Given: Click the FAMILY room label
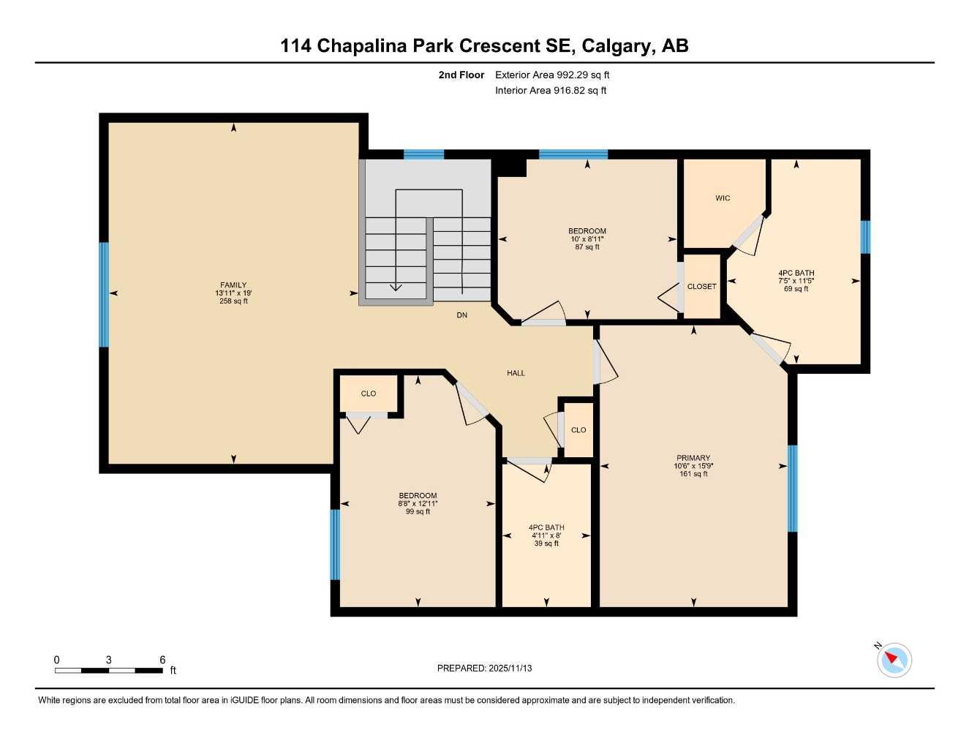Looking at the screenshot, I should pyautogui.click(x=233, y=285).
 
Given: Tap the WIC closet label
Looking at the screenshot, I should pyautogui.click(x=723, y=198).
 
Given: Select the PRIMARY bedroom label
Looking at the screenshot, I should pyautogui.click(x=693, y=459).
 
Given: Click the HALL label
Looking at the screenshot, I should pyautogui.click(x=516, y=373).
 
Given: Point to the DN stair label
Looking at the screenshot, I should pyautogui.click(x=461, y=315).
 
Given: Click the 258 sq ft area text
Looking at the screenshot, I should pyautogui.click(x=233, y=301).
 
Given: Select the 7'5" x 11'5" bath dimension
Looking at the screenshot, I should pyautogui.click(x=796, y=281).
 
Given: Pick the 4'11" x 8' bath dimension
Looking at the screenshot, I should pyautogui.click(x=546, y=535).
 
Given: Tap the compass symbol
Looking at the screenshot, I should pyautogui.click(x=894, y=660).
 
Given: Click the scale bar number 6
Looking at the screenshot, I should pyautogui.click(x=162, y=660).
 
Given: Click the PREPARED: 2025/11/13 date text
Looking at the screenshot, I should pyautogui.click(x=484, y=668).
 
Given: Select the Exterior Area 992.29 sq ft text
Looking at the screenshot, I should pyautogui.click(x=552, y=75).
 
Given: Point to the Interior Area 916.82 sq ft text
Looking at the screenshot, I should pyautogui.click(x=551, y=91).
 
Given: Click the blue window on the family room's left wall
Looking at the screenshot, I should pyautogui.click(x=104, y=294).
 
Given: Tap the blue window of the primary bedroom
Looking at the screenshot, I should pyautogui.click(x=792, y=488).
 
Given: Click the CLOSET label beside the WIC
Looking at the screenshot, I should pyautogui.click(x=701, y=287).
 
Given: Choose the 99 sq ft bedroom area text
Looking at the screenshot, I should pyautogui.click(x=418, y=511).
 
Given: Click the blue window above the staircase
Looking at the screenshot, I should pyautogui.click(x=423, y=154).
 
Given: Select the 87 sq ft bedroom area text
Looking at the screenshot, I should pyautogui.click(x=587, y=247).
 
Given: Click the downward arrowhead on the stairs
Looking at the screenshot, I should pyautogui.click(x=396, y=287).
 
